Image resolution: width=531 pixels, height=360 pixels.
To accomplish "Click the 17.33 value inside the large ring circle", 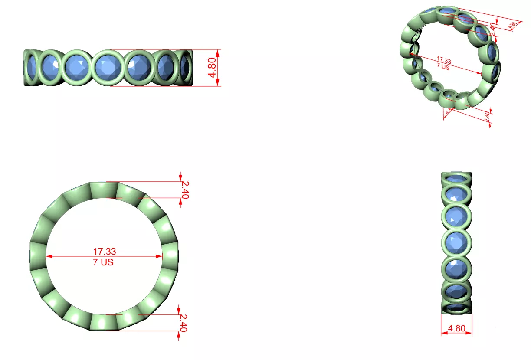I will click(x=104, y=251).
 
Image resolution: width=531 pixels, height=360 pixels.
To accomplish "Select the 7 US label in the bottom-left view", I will click(x=104, y=262).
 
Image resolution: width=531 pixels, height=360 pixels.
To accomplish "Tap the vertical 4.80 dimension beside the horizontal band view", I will click(x=212, y=68).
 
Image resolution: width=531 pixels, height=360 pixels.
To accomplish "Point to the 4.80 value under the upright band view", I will click(x=456, y=328).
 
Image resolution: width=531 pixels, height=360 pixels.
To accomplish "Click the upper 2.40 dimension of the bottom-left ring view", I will click(x=185, y=190).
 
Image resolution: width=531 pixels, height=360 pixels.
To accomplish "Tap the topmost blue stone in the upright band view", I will click(x=456, y=178).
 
